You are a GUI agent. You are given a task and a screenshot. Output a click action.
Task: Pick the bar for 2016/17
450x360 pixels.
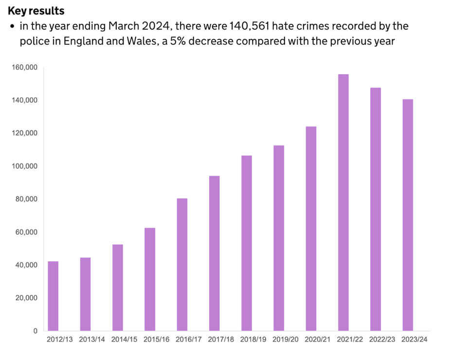click(x=182, y=265)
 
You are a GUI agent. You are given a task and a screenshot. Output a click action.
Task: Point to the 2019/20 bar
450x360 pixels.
click(x=279, y=238)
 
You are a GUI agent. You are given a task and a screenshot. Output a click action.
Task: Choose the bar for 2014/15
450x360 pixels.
click(x=118, y=288)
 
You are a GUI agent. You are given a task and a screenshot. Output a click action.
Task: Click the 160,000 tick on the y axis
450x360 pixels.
click(x=25, y=67)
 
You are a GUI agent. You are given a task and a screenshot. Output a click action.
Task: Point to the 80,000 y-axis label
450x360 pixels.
click(x=27, y=199)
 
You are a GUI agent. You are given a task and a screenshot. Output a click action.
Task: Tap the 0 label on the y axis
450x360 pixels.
click(x=35, y=331)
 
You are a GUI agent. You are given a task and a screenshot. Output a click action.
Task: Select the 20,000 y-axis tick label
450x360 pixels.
click(x=27, y=298)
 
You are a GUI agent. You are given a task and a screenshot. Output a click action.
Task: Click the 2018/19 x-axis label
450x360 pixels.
click(x=253, y=340)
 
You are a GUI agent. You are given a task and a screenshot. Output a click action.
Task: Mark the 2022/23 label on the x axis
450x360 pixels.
click(x=382, y=340)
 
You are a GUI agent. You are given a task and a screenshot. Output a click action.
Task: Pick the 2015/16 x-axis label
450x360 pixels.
click(x=157, y=340)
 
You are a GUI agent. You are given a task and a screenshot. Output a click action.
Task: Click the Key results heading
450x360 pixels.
click(x=36, y=11)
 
